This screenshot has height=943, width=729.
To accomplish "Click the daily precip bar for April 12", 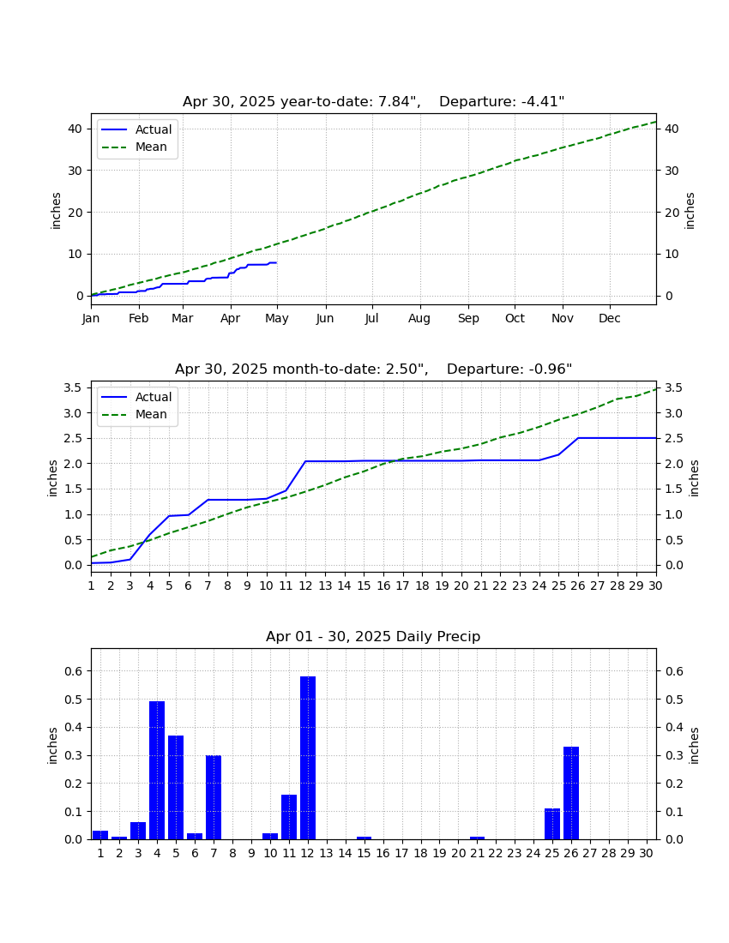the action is click(x=307, y=758).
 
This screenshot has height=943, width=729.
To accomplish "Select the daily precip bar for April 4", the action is click(x=157, y=771).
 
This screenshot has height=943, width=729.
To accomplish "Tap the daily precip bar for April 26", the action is click(x=571, y=793).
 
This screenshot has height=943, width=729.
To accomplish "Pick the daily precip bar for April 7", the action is click(x=214, y=797).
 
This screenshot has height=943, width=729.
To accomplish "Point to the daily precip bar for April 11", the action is click(x=289, y=817).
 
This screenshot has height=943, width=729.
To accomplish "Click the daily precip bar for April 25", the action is click(x=552, y=824).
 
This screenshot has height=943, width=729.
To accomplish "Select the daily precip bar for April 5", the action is click(x=176, y=788).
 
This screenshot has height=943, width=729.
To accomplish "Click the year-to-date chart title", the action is click(x=374, y=102).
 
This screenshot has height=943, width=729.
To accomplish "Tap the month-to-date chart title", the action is click(x=374, y=369).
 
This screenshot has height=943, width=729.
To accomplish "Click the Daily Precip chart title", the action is click(x=374, y=636).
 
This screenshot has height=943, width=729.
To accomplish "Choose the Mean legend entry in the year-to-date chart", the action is click(x=138, y=147).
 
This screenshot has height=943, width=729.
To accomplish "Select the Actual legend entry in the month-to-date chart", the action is click(x=138, y=397).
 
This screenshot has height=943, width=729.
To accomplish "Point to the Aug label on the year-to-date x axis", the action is click(x=419, y=319).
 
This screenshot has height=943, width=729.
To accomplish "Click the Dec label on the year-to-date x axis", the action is click(x=609, y=318).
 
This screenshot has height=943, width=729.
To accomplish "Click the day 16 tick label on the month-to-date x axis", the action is click(x=383, y=586).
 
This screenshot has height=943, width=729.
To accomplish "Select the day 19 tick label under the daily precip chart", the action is click(x=439, y=853).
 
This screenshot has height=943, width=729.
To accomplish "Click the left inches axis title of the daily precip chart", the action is click(x=53, y=746).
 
